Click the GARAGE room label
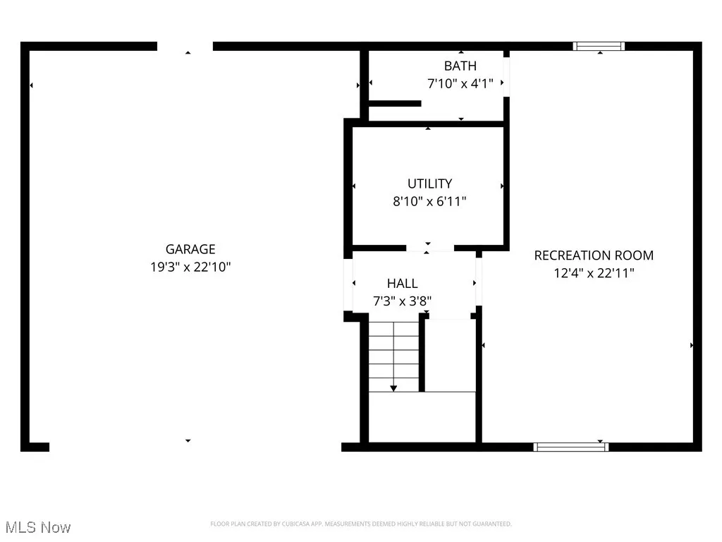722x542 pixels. click(190, 249)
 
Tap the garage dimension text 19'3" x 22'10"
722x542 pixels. click(190, 267)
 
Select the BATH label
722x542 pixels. click(460, 66)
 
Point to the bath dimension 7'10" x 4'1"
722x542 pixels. click(460, 83)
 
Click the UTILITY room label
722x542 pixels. click(429, 183)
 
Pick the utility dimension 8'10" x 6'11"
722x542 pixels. click(429, 201)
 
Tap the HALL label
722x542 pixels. click(402, 284)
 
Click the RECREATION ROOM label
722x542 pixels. click(594, 255)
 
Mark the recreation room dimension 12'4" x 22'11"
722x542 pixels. click(594, 272)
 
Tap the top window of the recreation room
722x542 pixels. click(599, 47)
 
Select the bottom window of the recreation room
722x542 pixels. click(571, 446)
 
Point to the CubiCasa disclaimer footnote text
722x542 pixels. click(361, 524)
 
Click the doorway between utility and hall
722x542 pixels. click(430, 248)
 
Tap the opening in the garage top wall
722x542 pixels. click(185, 47)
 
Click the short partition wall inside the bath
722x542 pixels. click(395, 104)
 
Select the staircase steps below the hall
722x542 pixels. click(394, 355)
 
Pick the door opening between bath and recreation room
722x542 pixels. click(506, 74)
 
